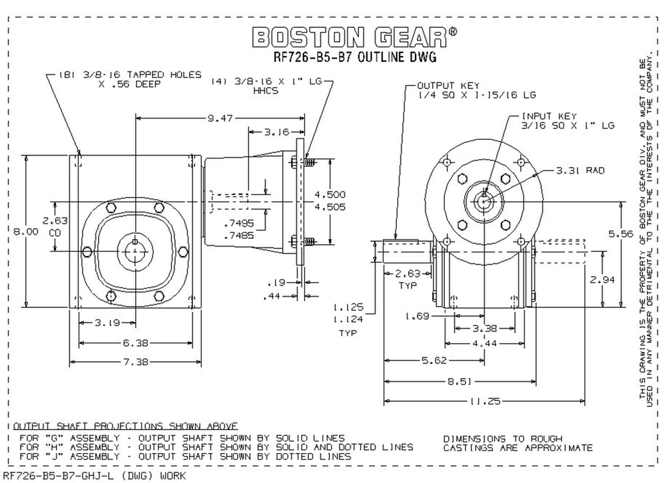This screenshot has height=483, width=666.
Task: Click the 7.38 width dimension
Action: pyautogui.click(x=135, y=363)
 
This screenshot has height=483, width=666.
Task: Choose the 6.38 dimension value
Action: pyautogui.click(x=135, y=343)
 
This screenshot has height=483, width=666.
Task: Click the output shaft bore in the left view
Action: pyautogui.click(x=135, y=251)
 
